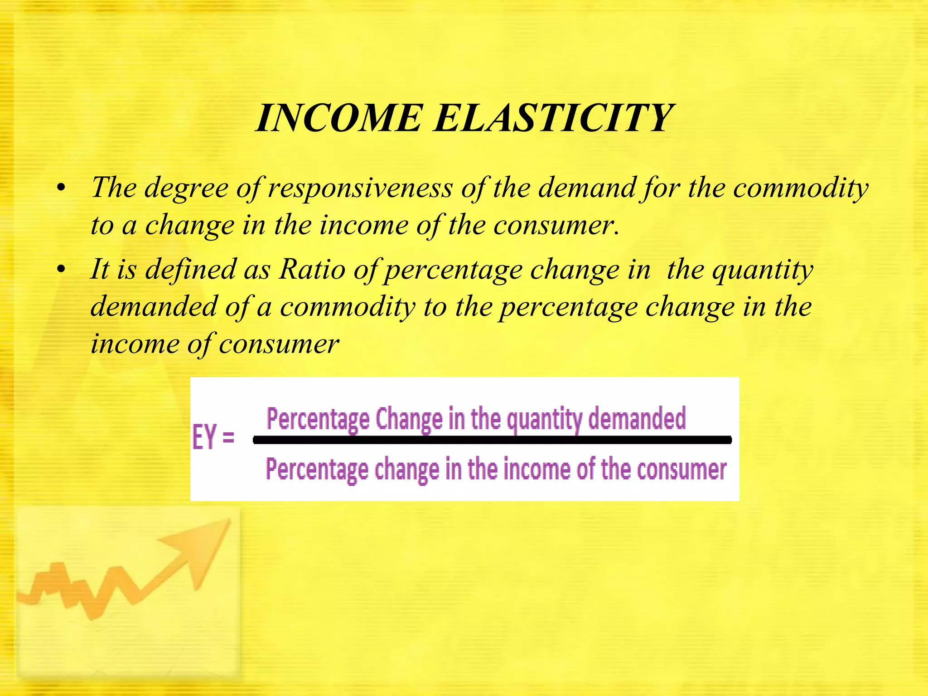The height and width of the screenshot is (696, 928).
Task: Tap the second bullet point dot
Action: [62, 270]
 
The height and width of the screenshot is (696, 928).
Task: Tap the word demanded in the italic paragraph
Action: [154, 307]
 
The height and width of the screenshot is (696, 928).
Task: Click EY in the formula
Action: [205, 437]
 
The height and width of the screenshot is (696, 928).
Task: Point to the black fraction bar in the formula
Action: [492, 440]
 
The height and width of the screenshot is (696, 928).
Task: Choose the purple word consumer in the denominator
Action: [681, 469]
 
